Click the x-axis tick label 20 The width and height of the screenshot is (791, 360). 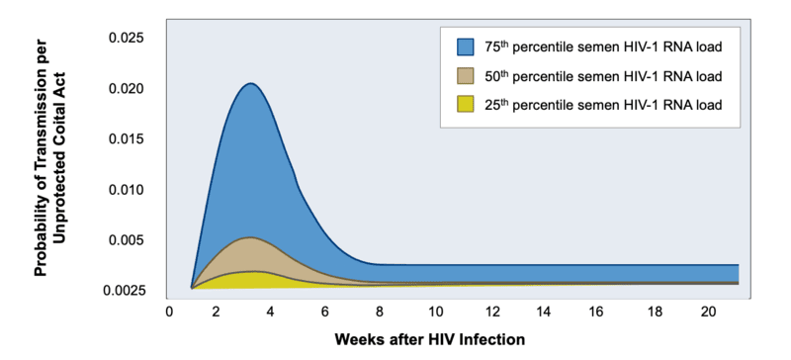[704, 311]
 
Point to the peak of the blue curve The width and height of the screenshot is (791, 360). [251, 84]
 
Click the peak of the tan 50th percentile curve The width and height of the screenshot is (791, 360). [251, 237]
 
